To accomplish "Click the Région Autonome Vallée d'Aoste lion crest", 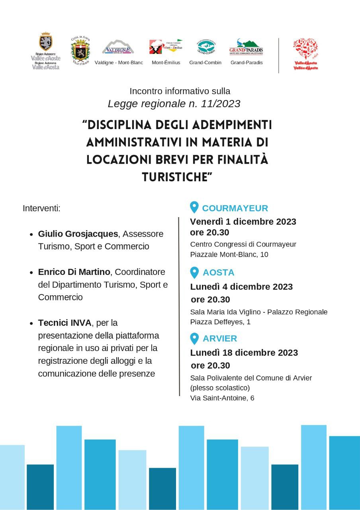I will [x=46, y=42].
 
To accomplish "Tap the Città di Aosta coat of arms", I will [x=80, y=50].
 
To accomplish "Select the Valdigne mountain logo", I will [x=118, y=47].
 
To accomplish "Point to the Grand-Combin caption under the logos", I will [x=205, y=63].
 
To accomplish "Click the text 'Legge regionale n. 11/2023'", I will [x=174, y=104].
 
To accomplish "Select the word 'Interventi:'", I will [x=41, y=208].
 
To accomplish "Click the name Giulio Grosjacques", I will [x=78, y=234].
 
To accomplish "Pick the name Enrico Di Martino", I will [x=74, y=272].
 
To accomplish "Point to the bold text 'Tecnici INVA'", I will [x=65, y=322].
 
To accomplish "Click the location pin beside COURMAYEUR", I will [x=194, y=207].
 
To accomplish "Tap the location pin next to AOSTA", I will [x=194, y=273].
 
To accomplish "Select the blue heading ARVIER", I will [x=220, y=339].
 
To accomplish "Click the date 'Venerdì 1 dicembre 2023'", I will [x=243, y=222].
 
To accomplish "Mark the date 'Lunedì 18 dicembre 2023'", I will [x=244, y=353].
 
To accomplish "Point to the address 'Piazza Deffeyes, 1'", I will [x=220, y=322].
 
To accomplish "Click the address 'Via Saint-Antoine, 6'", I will [x=222, y=398].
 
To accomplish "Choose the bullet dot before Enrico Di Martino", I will [x=31, y=273].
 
